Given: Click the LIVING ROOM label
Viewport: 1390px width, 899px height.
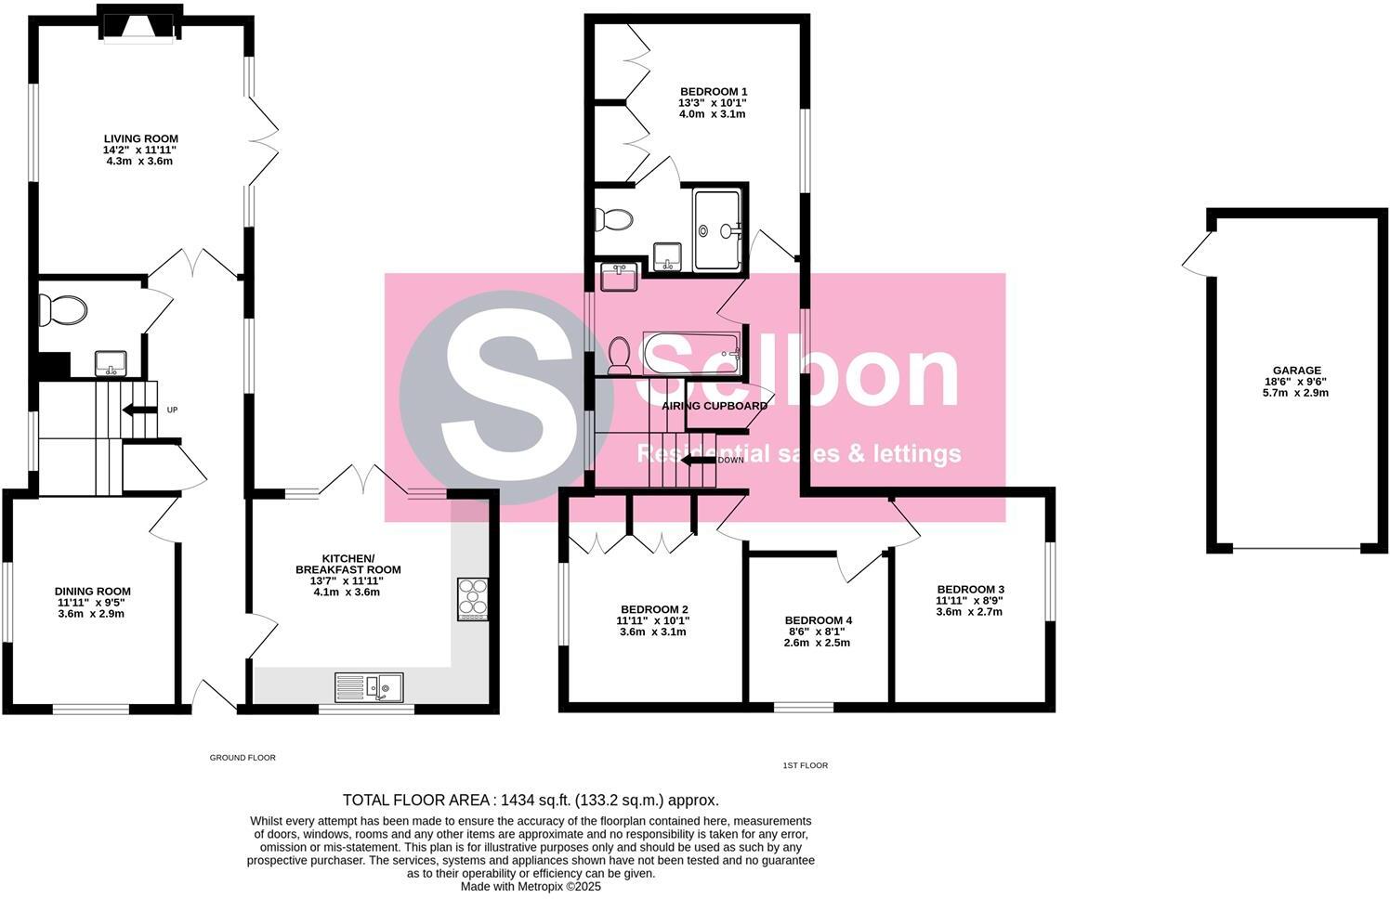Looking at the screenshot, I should tap(140, 138).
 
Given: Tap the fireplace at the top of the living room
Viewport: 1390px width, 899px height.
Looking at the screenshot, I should tap(138, 25).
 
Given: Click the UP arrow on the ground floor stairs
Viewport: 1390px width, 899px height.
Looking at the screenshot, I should tap(140, 410).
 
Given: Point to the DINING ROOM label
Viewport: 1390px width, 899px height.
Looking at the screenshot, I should tap(92, 592).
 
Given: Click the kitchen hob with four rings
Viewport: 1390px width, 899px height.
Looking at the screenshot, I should tap(472, 599).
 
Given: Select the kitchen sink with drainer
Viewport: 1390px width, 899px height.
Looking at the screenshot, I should tap(369, 687).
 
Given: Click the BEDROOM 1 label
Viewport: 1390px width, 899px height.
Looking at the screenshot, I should tap(713, 91).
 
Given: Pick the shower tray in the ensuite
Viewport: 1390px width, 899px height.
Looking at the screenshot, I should tap(717, 228).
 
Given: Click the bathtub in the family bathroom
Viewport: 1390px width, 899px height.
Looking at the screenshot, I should tap(692, 353).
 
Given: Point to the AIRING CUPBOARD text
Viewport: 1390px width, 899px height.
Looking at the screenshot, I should tap(715, 406).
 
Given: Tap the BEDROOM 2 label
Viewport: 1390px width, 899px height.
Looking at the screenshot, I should tap(653, 609).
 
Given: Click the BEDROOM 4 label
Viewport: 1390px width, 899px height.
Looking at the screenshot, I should tap(818, 620).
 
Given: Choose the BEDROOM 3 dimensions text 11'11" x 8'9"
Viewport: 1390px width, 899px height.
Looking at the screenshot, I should tap(969, 600).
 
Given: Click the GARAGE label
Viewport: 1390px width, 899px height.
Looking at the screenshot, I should tap(1297, 371).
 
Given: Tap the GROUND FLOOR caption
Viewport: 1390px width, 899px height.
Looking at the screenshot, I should tap(243, 758).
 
